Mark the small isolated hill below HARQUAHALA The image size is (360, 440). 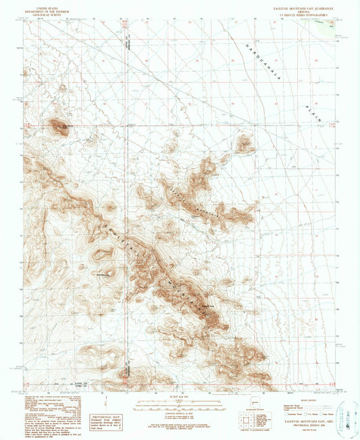(x=244, y=143)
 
